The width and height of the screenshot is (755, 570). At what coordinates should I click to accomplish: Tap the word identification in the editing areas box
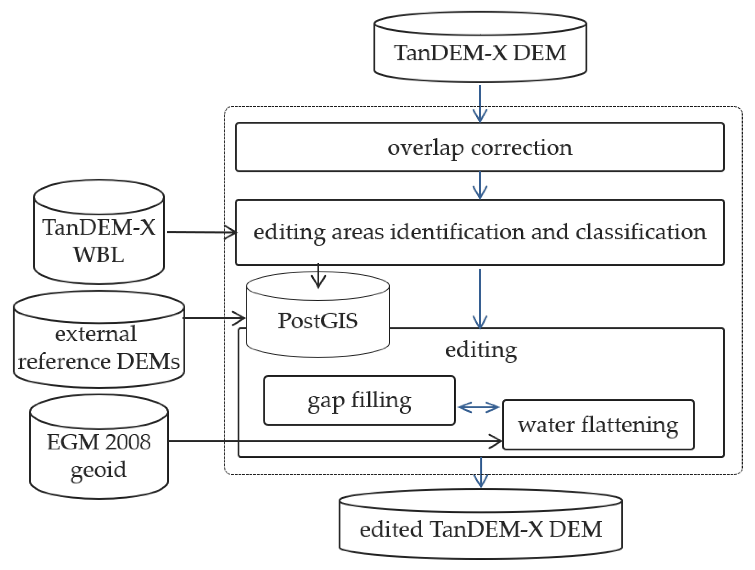click(x=457, y=232)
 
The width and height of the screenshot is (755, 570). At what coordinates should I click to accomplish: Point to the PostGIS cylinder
click(x=317, y=321)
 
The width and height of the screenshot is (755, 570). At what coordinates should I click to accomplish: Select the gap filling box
click(x=359, y=401)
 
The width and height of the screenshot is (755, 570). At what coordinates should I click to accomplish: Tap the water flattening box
click(x=598, y=425)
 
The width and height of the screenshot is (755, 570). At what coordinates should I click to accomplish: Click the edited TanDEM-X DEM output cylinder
click(x=481, y=529)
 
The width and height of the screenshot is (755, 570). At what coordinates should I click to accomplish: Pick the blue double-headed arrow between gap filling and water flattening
click(x=479, y=407)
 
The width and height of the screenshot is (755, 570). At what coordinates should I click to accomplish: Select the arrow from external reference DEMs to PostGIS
click(x=214, y=319)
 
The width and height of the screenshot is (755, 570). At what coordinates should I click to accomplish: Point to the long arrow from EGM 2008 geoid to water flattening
click(x=335, y=441)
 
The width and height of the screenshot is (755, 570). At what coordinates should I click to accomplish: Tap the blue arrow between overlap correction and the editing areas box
click(x=480, y=185)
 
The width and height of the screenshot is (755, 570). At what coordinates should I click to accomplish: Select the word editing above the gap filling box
click(x=481, y=350)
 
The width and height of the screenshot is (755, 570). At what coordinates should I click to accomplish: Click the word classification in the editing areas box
click(x=641, y=232)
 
